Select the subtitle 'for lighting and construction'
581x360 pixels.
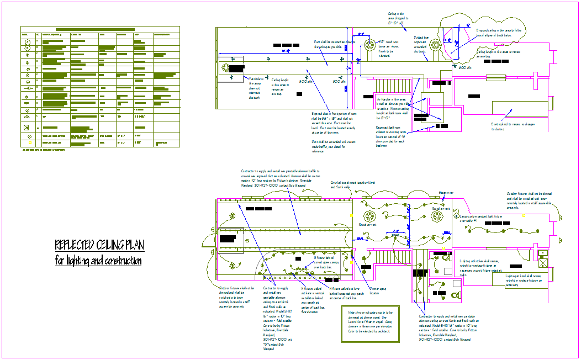tap(98, 261)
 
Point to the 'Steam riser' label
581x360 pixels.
tap(446, 193)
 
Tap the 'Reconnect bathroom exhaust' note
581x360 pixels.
tap(393, 136)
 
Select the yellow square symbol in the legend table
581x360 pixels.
tap(27, 143)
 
